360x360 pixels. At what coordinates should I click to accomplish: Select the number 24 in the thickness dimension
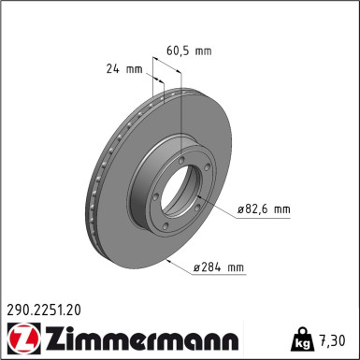[x=112, y=68]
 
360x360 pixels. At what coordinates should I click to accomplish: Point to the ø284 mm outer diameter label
[x=219, y=268]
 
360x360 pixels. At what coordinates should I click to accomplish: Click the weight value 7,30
[x=334, y=338]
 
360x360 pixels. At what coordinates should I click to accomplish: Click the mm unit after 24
[x=134, y=68]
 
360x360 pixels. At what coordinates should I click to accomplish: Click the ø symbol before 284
[x=198, y=268]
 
